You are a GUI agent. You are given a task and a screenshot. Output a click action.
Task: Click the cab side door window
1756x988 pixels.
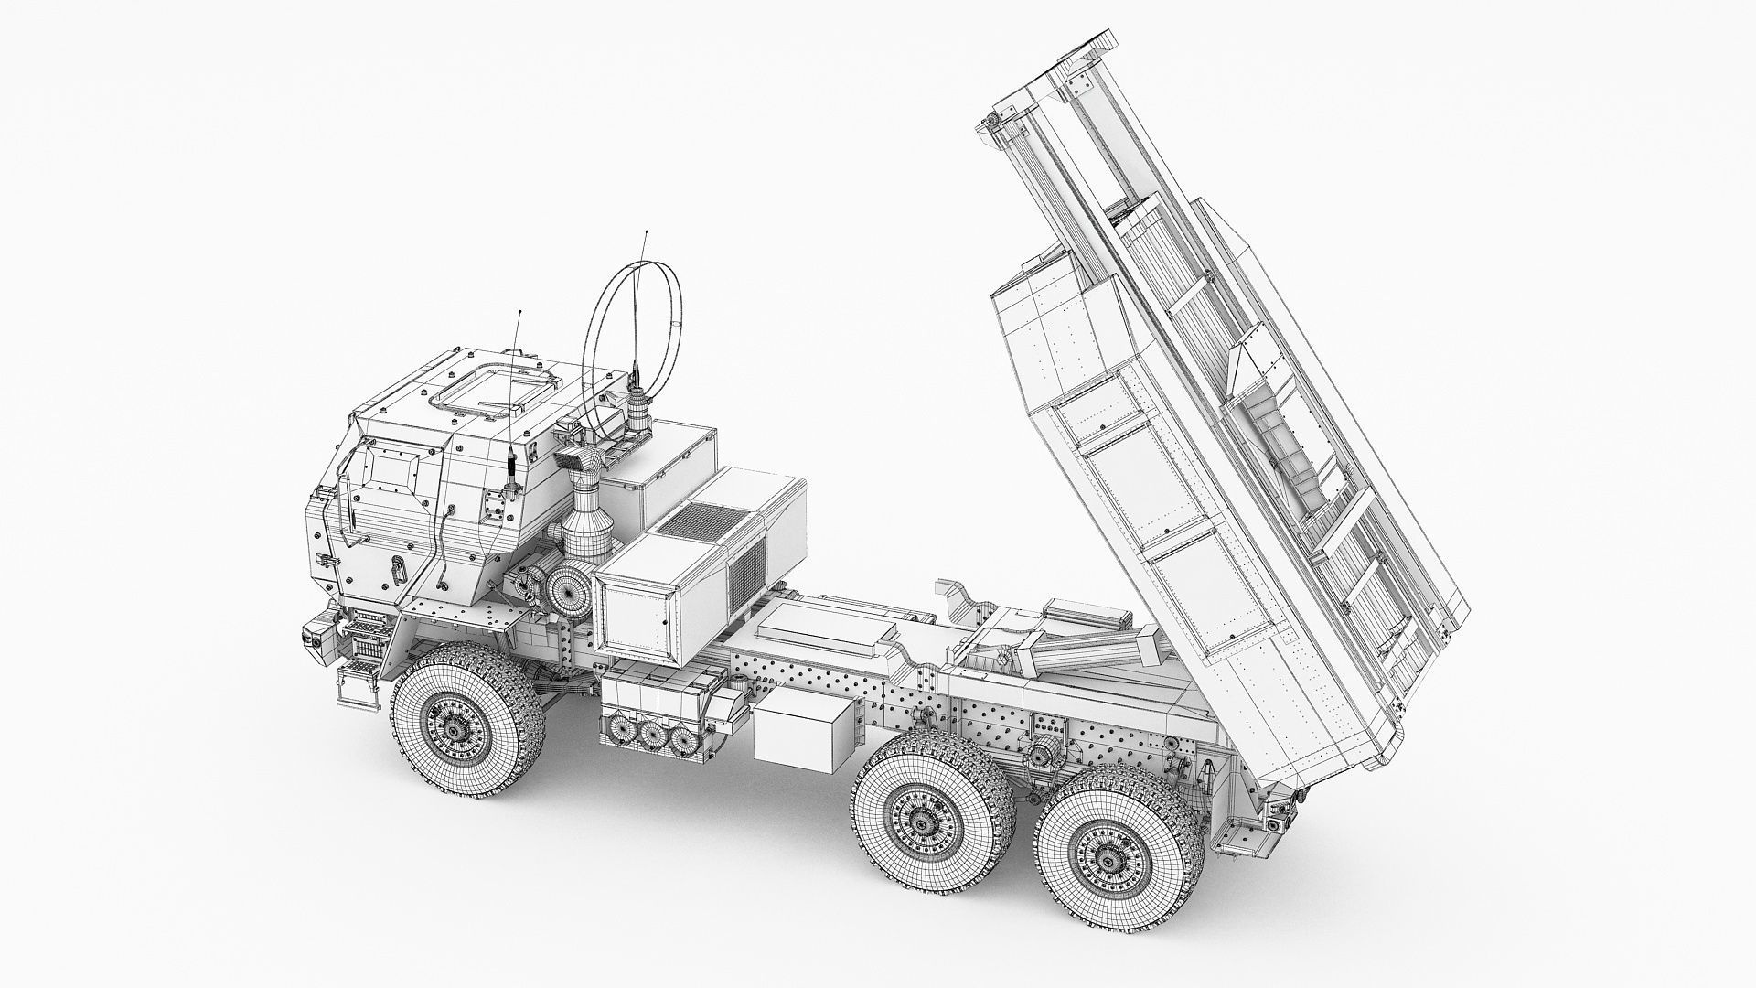tap(391, 471)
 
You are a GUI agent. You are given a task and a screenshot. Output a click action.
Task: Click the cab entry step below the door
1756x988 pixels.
tap(357, 681)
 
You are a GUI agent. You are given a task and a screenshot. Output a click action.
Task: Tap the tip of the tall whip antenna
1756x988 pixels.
tap(647, 232)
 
